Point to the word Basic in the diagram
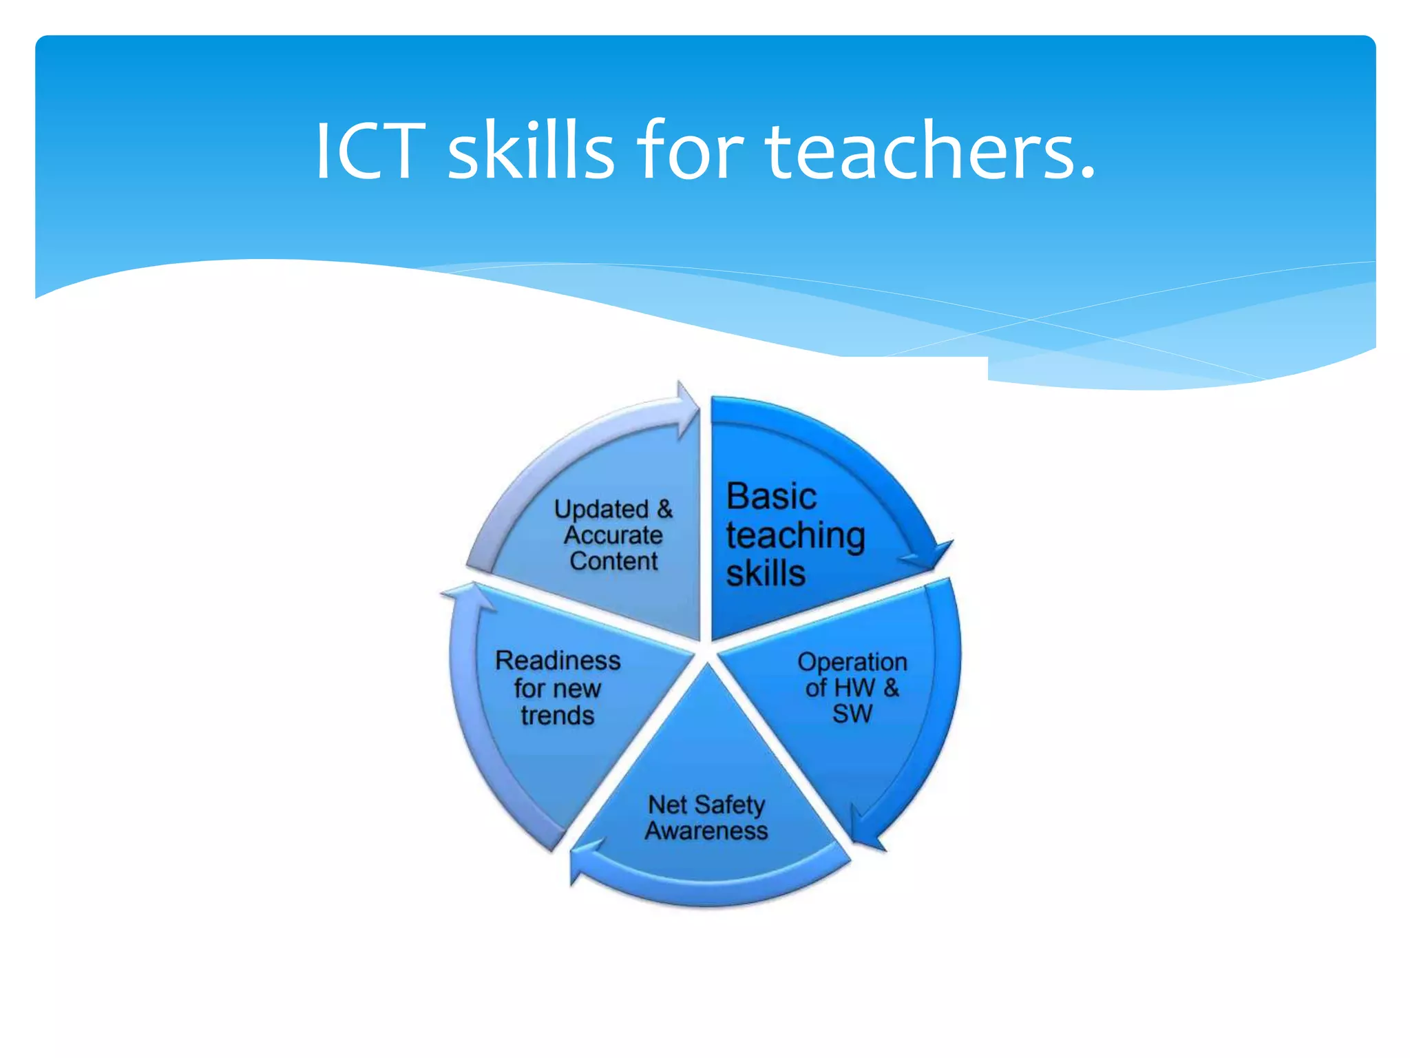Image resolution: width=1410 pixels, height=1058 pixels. click(771, 497)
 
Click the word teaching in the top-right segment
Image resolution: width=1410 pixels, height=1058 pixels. click(795, 536)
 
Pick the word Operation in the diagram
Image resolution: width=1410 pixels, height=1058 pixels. click(852, 662)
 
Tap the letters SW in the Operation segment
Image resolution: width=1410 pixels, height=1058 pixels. click(852, 714)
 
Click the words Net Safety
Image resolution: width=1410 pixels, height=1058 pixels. click(706, 805)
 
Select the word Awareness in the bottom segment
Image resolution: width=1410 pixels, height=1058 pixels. click(706, 831)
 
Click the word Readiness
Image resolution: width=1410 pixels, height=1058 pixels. click(558, 661)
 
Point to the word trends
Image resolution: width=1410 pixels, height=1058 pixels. click(557, 716)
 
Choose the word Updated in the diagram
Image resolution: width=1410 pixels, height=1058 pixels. click(602, 509)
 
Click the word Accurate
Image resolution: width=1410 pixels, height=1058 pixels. click(613, 535)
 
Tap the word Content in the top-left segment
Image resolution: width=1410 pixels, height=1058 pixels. click(613, 561)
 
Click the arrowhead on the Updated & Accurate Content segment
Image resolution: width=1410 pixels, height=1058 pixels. click(686, 410)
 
